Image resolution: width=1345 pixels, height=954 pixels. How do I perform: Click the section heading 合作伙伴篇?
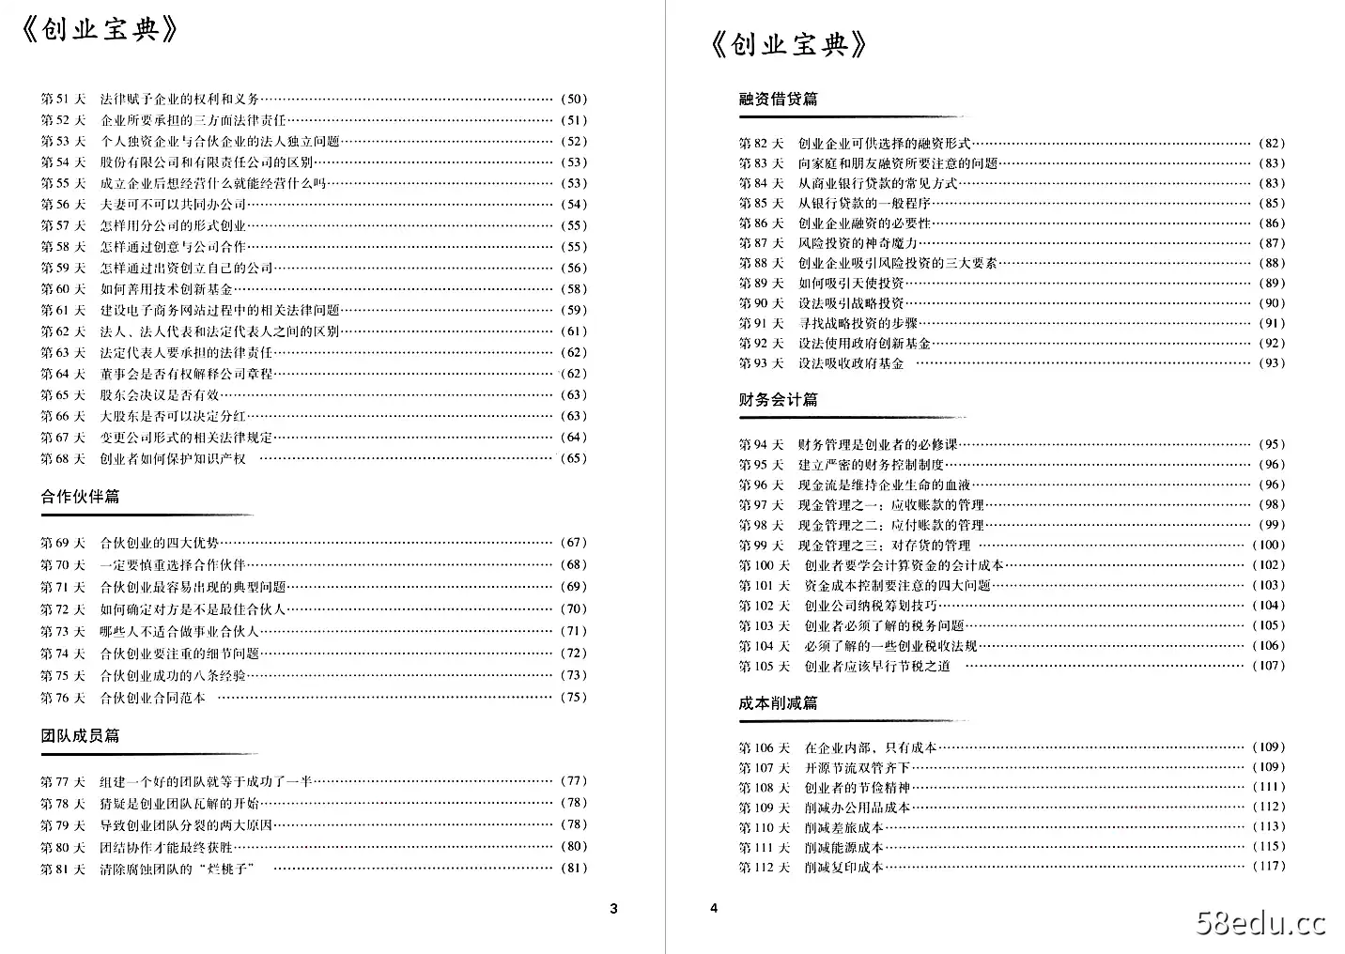click(x=80, y=497)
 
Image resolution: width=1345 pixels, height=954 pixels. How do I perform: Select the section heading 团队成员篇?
click(x=80, y=736)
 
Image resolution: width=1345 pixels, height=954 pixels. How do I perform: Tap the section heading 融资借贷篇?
click(x=778, y=99)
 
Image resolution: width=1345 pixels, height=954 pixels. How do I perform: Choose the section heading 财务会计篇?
click(x=778, y=400)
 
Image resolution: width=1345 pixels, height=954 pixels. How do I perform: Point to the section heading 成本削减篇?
click(x=778, y=703)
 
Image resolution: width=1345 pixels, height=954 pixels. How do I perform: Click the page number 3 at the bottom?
click(x=614, y=908)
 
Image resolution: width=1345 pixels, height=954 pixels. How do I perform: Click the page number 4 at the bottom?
click(x=714, y=908)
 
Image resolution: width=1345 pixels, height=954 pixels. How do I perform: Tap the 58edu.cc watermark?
click(x=1260, y=924)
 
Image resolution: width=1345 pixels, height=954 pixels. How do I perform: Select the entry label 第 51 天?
click(x=63, y=99)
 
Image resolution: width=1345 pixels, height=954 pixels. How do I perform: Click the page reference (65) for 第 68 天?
click(x=573, y=459)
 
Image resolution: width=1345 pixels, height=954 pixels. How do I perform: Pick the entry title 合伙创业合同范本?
click(x=152, y=698)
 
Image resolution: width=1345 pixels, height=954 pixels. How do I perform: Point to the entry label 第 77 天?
click(x=63, y=781)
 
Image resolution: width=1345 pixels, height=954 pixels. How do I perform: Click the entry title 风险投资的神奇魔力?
click(x=858, y=243)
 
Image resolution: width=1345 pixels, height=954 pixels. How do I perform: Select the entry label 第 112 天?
click(x=764, y=868)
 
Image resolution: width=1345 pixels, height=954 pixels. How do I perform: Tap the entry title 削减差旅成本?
click(x=843, y=827)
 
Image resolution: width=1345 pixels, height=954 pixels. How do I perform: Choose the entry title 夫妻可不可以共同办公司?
click(x=173, y=205)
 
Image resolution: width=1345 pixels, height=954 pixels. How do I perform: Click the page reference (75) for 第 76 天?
click(x=573, y=698)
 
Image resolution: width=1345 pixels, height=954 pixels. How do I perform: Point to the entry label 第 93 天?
click(x=761, y=363)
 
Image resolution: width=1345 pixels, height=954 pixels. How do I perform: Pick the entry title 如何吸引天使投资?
click(x=851, y=284)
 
